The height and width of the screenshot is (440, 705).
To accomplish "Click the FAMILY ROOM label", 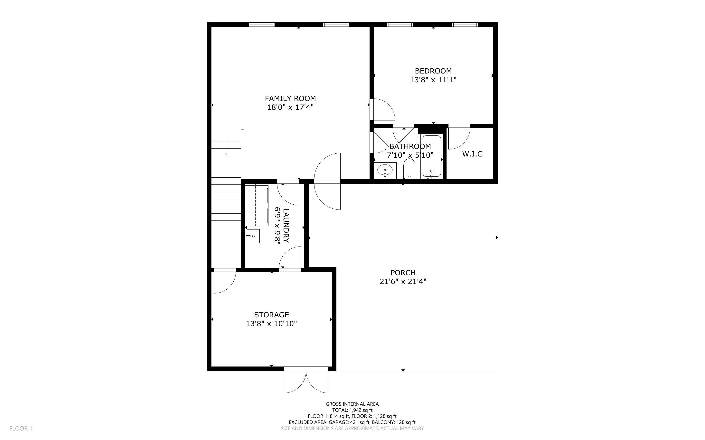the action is point(290,98).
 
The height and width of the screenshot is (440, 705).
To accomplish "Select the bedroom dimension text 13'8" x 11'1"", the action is point(433,80).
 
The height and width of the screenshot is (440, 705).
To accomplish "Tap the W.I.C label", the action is point(472,154).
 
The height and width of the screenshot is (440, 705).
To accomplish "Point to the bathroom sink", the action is point(385,170).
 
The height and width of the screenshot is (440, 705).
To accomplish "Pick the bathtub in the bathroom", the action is point(432,156).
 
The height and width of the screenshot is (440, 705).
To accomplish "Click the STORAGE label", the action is point(271,315).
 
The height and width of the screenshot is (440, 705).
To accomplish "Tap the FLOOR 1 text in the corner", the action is point(21,428).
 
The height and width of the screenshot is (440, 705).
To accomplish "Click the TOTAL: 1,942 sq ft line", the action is point(352,410).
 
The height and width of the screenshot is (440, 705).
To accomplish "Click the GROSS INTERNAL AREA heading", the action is point(352,404).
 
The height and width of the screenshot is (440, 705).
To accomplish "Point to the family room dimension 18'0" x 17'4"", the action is point(290,107).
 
